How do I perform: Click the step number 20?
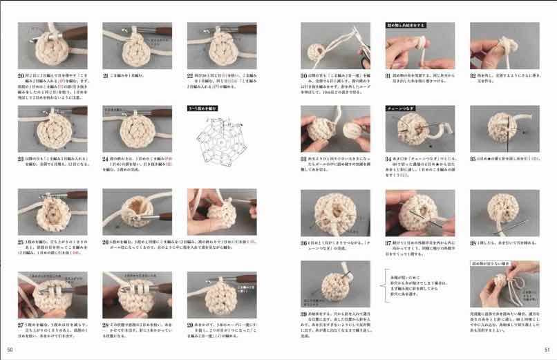pos(21,75)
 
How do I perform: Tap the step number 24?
pos(106,158)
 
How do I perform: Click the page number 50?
pos(9,349)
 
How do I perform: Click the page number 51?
pos(547,349)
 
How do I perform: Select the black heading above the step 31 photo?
pos(406,25)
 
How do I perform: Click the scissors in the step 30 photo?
pos(365,53)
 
